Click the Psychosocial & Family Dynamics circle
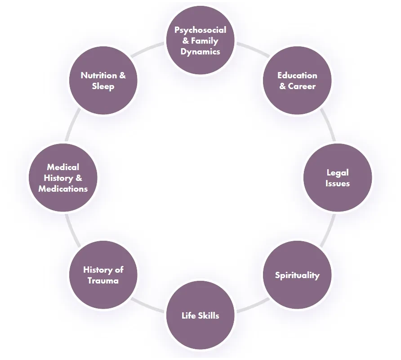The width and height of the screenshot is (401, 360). (x=200, y=41)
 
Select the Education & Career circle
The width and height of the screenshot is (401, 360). (x=297, y=81)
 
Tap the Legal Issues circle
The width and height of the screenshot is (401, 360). (x=338, y=178)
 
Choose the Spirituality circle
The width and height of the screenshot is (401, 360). (x=297, y=274)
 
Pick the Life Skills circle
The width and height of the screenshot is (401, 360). (x=200, y=315)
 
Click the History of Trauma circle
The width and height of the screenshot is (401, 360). (x=103, y=274)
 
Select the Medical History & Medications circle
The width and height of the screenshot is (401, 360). (x=63, y=178)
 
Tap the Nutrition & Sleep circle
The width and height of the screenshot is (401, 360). (x=103, y=81)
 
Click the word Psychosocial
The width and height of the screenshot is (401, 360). (x=200, y=30)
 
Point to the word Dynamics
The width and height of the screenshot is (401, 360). (x=200, y=52)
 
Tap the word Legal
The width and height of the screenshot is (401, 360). (x=338, y=172)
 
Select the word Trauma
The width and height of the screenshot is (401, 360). (x=103, y=280)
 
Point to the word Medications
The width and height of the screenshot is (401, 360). (x=63, y=189)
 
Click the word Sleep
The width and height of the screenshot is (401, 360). (x=103, y=86)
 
